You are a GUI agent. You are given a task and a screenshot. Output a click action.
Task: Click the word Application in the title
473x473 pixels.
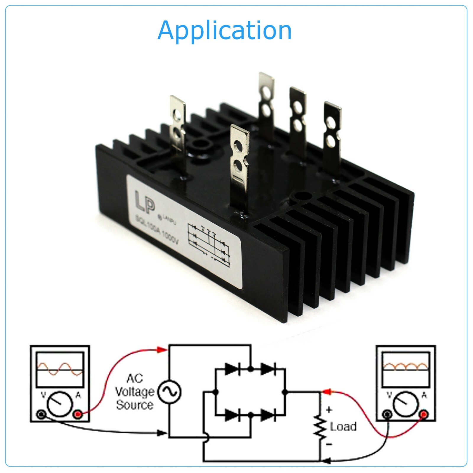pyautogui.click(x=224, y=30)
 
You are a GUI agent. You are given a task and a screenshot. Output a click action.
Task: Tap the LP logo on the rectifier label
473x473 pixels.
pyautogui.click(x=145, y=202)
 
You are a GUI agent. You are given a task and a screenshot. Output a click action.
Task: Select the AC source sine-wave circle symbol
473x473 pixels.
pyautogui.click(x=169, y=392)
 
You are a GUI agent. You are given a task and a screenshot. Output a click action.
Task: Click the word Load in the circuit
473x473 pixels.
pyautogui.click(x=343, y=426)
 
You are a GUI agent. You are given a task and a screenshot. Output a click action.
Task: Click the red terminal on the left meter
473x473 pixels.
pyautogui.click(x=78, y=415)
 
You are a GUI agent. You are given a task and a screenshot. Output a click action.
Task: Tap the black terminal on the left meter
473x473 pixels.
pyautogui.click(x=41, y=415)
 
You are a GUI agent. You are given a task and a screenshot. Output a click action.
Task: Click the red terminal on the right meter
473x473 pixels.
pyautogui.click(x=424, y=414)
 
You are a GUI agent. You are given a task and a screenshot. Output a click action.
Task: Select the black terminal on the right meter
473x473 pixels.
pyautogui.click(x=388, y=414)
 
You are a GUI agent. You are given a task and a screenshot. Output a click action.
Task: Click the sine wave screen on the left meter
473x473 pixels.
pyautogui.click(x=60, y=370)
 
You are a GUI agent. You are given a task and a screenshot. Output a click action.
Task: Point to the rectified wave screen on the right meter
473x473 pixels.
pyautogui.click(x=405, y=370)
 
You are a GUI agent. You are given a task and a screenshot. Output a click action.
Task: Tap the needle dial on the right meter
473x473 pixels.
pyautogui.click(x=406, y=404)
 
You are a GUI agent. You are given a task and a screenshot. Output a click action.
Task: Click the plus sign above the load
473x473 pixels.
pyautogui.click(x=329, y=410)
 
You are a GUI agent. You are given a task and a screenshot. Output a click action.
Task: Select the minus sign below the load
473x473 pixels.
pyautogui.click(x=329, y=444)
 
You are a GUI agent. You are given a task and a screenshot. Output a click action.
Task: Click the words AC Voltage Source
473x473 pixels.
pyautogui.click(x=135, y=392)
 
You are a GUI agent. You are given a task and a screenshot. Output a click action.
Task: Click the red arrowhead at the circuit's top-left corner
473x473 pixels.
pyautogui.click(x=161, y=350)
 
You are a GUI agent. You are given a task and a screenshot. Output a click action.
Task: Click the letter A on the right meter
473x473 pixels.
pyautogui.click(x=424, y=395)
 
